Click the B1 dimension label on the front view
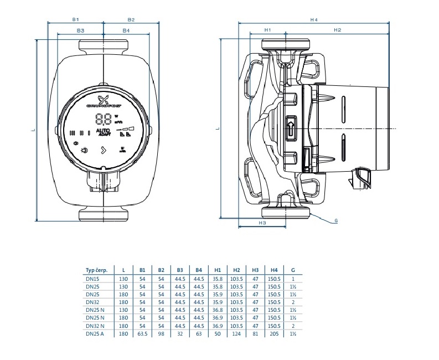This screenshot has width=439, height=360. [x=75, y=19]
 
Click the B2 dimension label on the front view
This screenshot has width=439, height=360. [x=131, y=19]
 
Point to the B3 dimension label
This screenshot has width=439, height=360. [x=81, y=30]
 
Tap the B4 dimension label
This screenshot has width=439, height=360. [x=126, y=30]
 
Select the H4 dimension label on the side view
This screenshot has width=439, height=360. [x=314, y=19]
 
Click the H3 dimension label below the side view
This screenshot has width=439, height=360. [x=262, y=223]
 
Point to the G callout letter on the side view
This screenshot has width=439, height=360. [x=335, y=220]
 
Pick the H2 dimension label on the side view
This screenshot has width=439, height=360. [x=337, y=29]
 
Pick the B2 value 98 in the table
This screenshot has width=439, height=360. [x=161, y=335]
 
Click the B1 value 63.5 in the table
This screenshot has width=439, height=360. [x=142, y=335]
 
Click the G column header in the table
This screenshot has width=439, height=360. [x=293, y=270]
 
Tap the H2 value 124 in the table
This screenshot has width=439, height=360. [x=236, y=335]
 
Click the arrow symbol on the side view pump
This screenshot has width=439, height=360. [x=291, y=126]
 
